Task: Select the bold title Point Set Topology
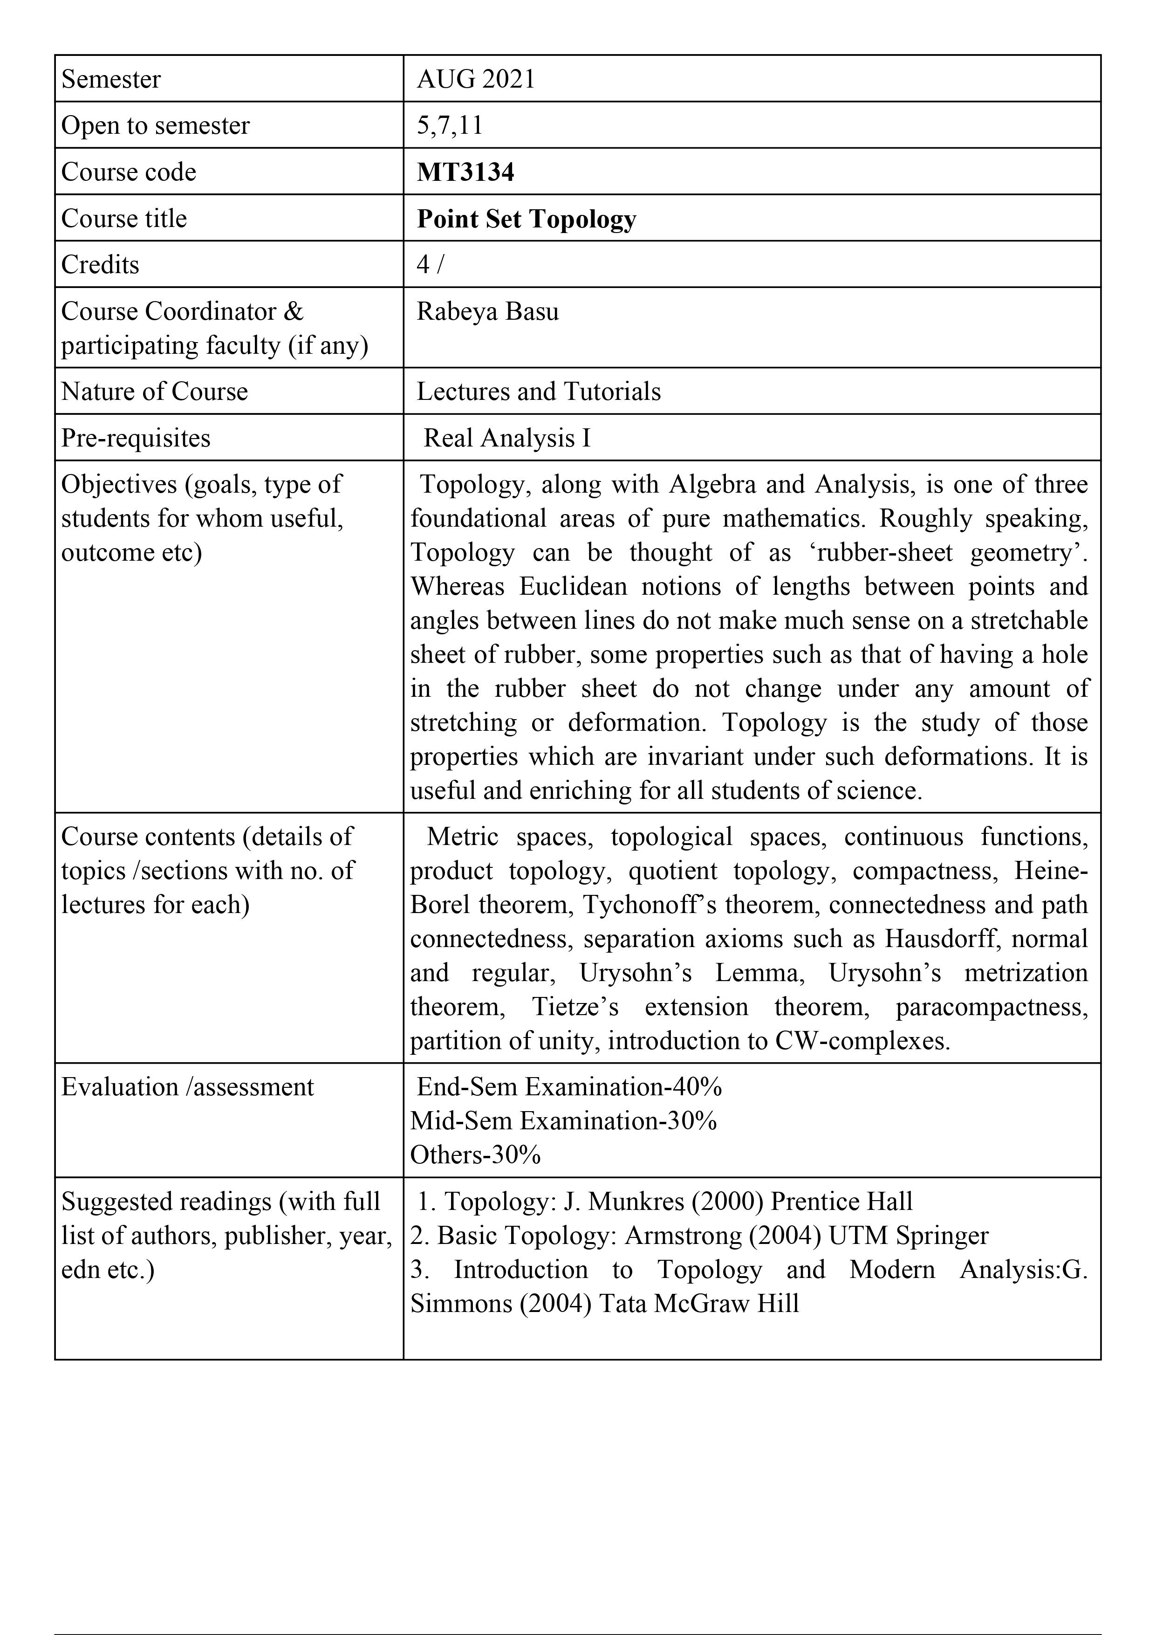click(x=526, y=219)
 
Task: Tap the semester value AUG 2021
click(x=476, y=79)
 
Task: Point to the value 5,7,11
click(x=450, y=125)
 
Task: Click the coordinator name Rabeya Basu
click(x=487, y=312)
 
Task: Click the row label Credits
click(x=100, y=265)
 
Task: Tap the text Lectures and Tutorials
click(x=538, y=392)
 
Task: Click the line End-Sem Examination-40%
click(x=569, y=1087)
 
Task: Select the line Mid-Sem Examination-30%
click(x=563, y=1121)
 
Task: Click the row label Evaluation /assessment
click(x=187, y=1087)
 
